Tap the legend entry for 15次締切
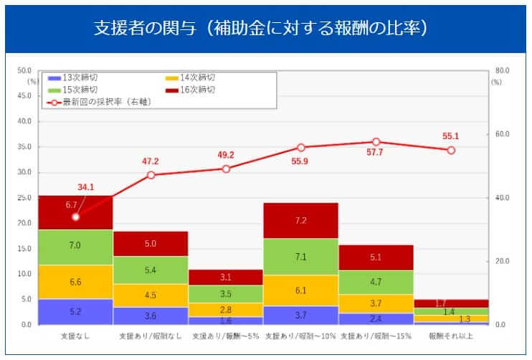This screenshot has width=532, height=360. tap(72, 90)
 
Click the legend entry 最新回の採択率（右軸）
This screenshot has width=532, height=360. tap(100, 102)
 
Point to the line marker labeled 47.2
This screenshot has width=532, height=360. tap(151, 175)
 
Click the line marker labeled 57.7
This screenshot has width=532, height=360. tap(376, 142)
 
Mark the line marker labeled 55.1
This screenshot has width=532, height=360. tap(451, 150)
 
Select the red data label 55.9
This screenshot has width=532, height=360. tap(300, 136)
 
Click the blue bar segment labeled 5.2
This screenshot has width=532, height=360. tap(75, 312)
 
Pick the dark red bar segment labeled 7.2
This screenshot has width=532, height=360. tap(300, 221)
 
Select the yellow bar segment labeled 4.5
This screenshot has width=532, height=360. tap(151, 295)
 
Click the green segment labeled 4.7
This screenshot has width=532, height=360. tap(376, 282)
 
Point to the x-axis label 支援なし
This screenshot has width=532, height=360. tap(75, 336)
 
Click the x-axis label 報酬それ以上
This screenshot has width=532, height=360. tap(451, 336)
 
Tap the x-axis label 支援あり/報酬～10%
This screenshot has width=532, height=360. tap(300, 336)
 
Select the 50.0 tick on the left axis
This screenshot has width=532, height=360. tap(24, 71)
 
